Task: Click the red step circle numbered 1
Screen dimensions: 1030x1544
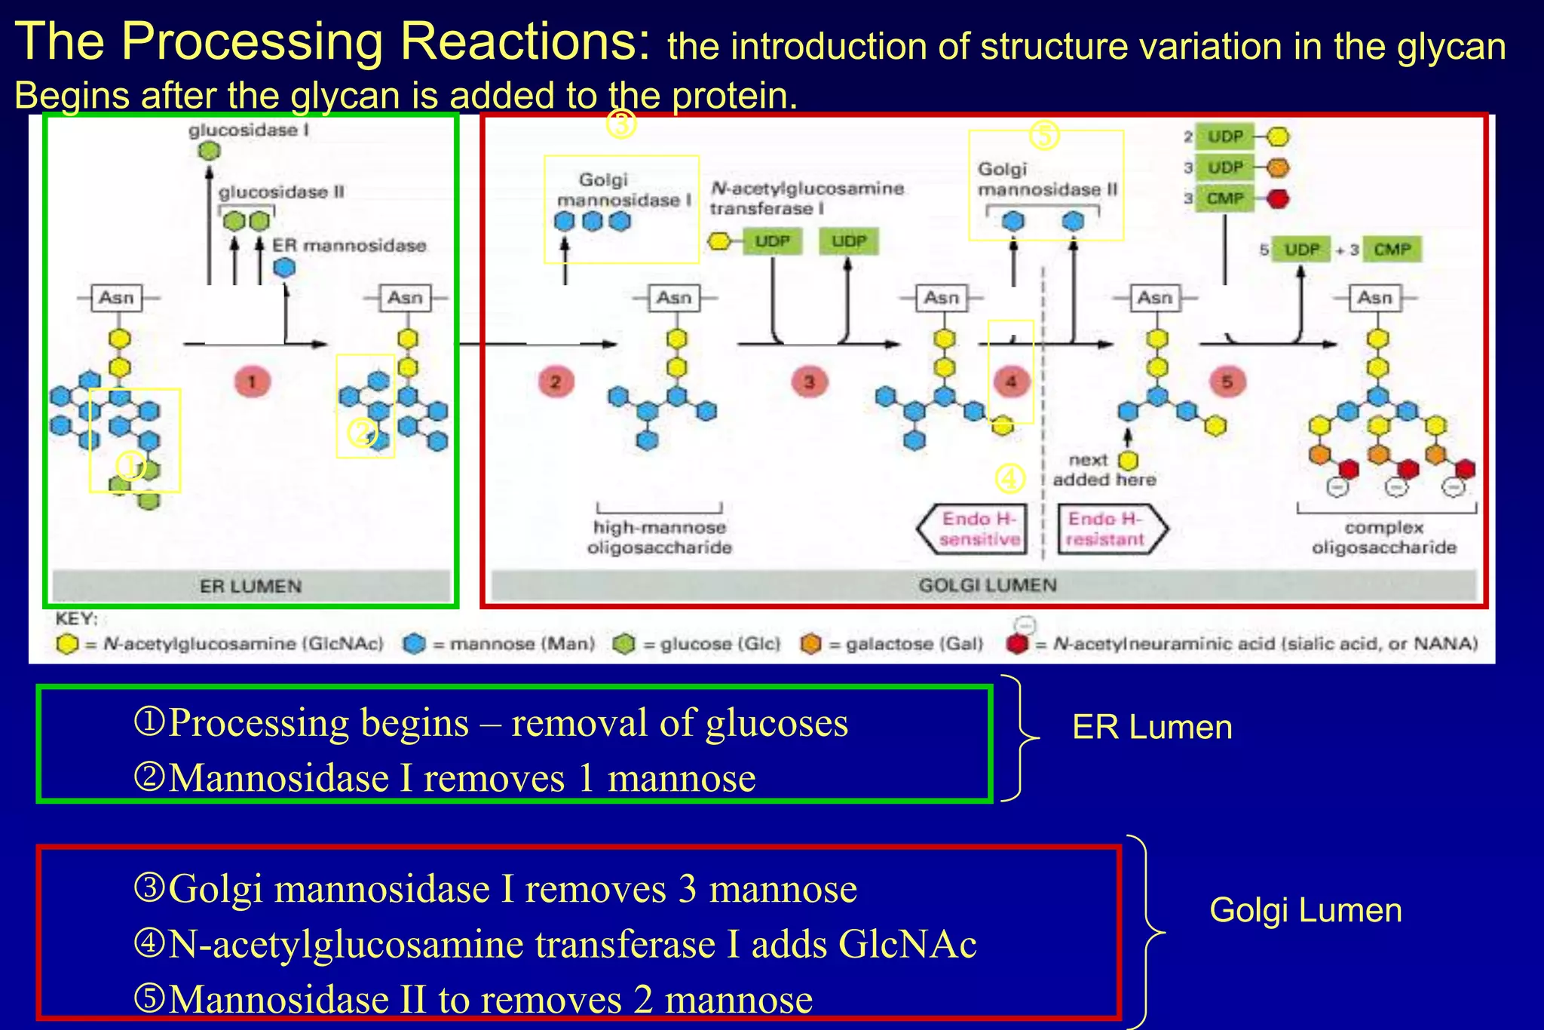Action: pyautogui.click(x=252, y=382)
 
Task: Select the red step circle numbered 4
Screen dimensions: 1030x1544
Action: pyautogui.click(x=1011, y=382)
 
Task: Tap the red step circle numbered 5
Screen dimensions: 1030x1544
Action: pyautogui.click(x=1227, y=382)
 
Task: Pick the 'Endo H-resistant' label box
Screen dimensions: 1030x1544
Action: pyautogui.click(x=1108, y=529)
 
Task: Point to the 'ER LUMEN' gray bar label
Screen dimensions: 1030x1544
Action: pyautogui.click(x=250, y=586)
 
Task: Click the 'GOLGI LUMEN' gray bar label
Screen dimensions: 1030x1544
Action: pyautogui.click(x=987, y=585)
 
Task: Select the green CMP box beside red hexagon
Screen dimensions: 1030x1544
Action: pyautogui.click(x=1224, y=198)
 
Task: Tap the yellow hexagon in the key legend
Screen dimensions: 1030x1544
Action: pyautogui.click(x=67, y=644)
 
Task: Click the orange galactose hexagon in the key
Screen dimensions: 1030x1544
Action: pyautogui.click(x=810, y=644)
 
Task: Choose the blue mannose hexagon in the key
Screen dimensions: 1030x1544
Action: pyautogui.click(x=414, y=644)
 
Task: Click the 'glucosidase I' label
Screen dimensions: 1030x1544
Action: pyautogui.click(x=249, y=130)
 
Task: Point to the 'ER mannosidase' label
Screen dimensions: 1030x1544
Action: pyautogui.click(x=349, y=246)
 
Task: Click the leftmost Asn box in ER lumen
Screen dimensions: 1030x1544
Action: pyautogui.click(x=117, y=298)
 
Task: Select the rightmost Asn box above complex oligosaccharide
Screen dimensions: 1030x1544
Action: pyautogui.click(x=1374, y=298)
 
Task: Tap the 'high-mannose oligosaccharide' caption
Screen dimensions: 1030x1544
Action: pyautogui.click(x=660, y=537)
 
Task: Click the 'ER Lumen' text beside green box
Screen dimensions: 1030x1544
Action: pyautogui.click(x=1152, y=728)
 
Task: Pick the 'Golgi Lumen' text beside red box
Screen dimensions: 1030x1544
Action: pyautogui.click(x=1305, y=910)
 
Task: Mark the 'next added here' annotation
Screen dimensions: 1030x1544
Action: pyautogui.click(x=1103, y=470)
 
